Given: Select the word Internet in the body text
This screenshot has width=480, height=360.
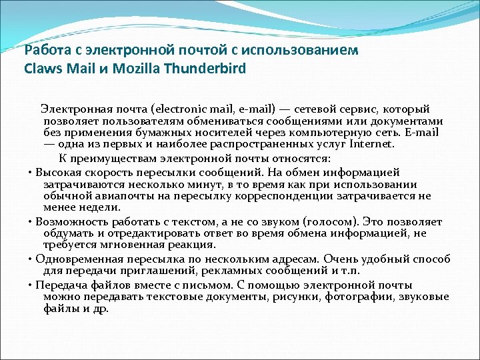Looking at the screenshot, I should (x=372, y=143).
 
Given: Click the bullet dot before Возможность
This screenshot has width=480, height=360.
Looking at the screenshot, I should (x=31, y=221).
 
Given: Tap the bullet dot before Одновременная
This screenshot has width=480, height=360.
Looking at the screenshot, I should (x=31, y=259).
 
